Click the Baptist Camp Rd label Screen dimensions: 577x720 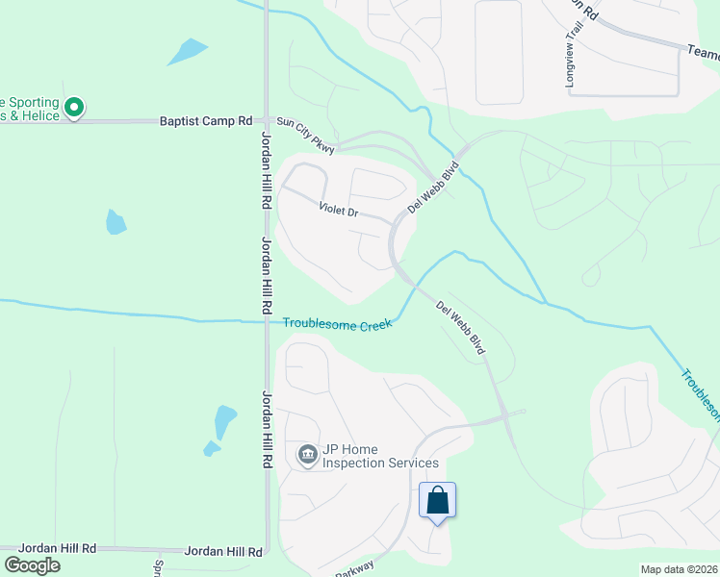point(205,122)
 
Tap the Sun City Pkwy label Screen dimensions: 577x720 point(305,136)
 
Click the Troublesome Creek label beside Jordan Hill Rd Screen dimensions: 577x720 point(337,324)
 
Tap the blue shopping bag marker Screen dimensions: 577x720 point(437,501)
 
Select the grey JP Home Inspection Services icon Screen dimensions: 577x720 point(307,455)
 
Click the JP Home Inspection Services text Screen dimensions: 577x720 point(380,456)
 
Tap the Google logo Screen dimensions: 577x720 point(32,565)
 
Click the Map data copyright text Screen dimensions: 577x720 point(679,569)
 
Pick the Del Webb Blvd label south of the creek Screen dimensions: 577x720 point(460,329)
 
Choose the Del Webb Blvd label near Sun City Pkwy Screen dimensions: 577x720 point(432,188)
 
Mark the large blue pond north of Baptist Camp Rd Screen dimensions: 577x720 point(187,51)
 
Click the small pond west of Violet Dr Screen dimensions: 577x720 point(116,222)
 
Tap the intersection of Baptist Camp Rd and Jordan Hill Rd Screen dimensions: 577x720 point(267,122)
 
